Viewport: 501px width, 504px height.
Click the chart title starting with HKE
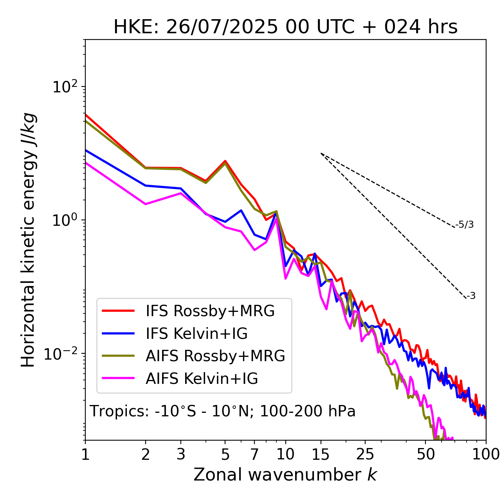coord(285,27)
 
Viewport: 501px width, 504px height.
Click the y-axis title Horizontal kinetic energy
coord(28,240)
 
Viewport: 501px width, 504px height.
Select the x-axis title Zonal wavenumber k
coord(285,475)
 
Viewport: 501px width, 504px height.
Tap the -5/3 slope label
coord(465,225)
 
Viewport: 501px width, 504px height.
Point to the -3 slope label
coord(471,296)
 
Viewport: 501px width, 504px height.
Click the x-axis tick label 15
coord(321,454)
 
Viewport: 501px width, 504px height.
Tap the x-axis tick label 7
coord(254,454)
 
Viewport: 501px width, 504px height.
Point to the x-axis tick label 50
coord(425,454)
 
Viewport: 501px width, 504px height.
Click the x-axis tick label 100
coord(486,454)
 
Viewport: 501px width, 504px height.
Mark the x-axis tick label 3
coord(181,454)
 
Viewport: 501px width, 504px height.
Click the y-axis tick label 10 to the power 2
coord(64,87)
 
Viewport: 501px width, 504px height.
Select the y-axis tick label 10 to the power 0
coord(64,220)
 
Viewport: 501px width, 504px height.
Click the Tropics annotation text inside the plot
coord(223,411)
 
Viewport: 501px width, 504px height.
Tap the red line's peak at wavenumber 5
coord(225,161)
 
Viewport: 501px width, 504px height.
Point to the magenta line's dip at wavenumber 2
coord(146,204)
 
